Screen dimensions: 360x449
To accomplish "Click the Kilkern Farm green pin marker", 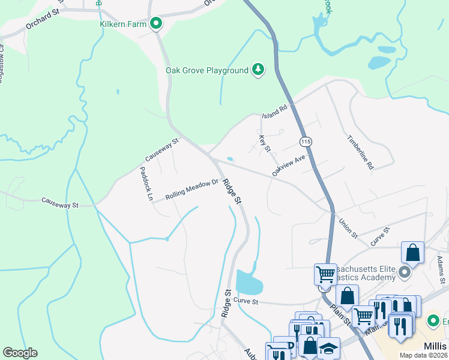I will click(x=156, y=24).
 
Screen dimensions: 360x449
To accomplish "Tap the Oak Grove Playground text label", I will click(x=206, y=70).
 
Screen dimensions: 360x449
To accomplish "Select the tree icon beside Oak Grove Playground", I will click(x=258, y=70).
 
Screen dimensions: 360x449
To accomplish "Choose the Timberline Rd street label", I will click(x=360, y=152).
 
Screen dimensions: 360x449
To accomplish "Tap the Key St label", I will click(x=265, y=144).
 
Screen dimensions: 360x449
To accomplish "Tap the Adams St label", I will click(x=441, y=269).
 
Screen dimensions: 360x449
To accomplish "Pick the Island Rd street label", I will click(x=276, y=111).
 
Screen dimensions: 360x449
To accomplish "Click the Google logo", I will click(x=20, y=353).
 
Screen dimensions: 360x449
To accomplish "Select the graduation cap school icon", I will click(x=328, y=349).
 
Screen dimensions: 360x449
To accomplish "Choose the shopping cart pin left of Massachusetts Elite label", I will click(x=325, y=274).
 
